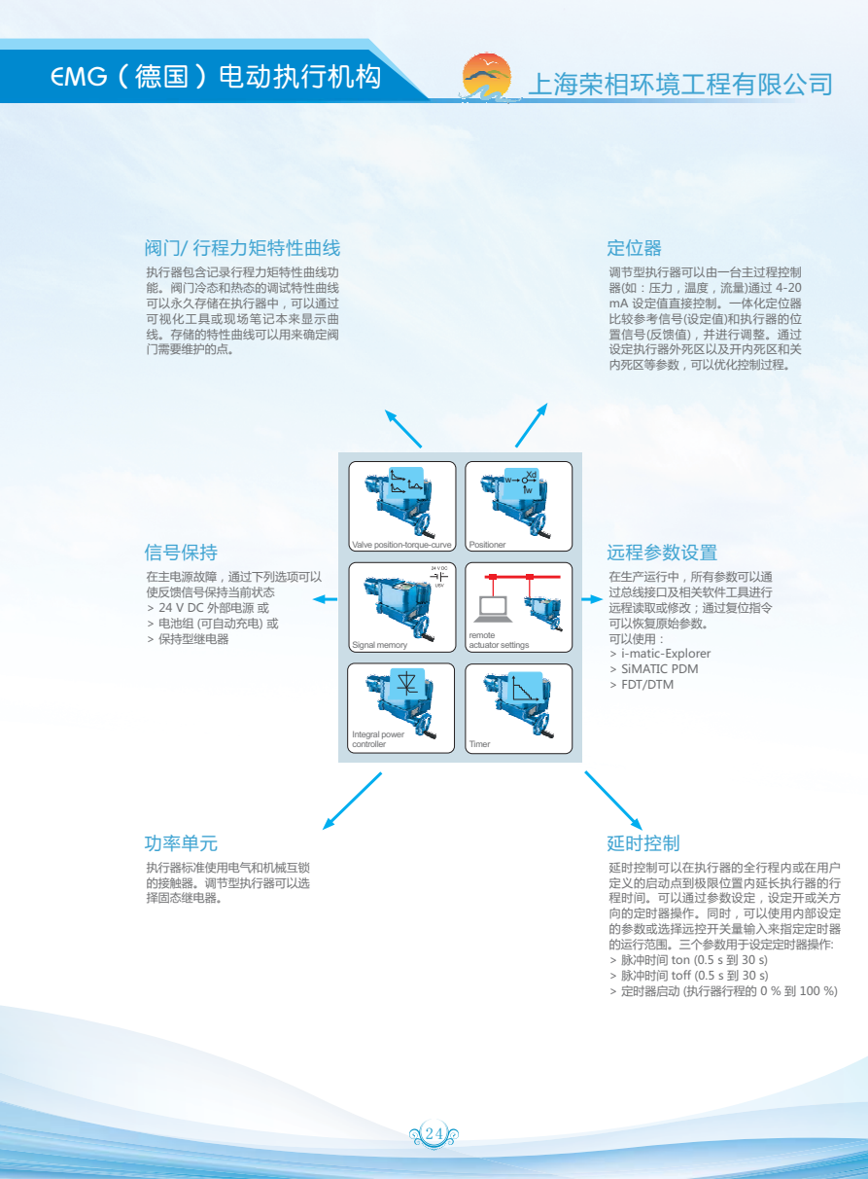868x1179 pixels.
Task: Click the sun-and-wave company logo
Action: pos(487,78)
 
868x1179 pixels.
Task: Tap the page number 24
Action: pos(434,1132)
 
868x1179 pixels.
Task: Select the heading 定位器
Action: pos(634,248)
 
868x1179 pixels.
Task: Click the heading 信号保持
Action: pos(181,553)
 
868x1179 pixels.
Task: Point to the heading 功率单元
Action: pos(181,843)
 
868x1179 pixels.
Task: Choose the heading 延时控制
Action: pos(643,843)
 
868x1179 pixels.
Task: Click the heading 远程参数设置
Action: pos(662,553)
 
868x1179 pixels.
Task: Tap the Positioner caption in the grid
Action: pos(487,545)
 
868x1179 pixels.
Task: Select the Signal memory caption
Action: pos(379,645)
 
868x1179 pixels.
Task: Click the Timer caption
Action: pos(479,744)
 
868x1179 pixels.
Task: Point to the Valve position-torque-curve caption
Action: pos(401,545)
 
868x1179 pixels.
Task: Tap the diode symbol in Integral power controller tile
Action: pos(406,684)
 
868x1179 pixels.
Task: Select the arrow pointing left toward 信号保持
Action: pos(325,599)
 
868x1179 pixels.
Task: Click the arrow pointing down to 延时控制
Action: pos(613,801)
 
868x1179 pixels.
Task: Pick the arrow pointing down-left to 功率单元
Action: pos(352,801)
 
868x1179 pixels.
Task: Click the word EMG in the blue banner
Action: pos(79,77)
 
